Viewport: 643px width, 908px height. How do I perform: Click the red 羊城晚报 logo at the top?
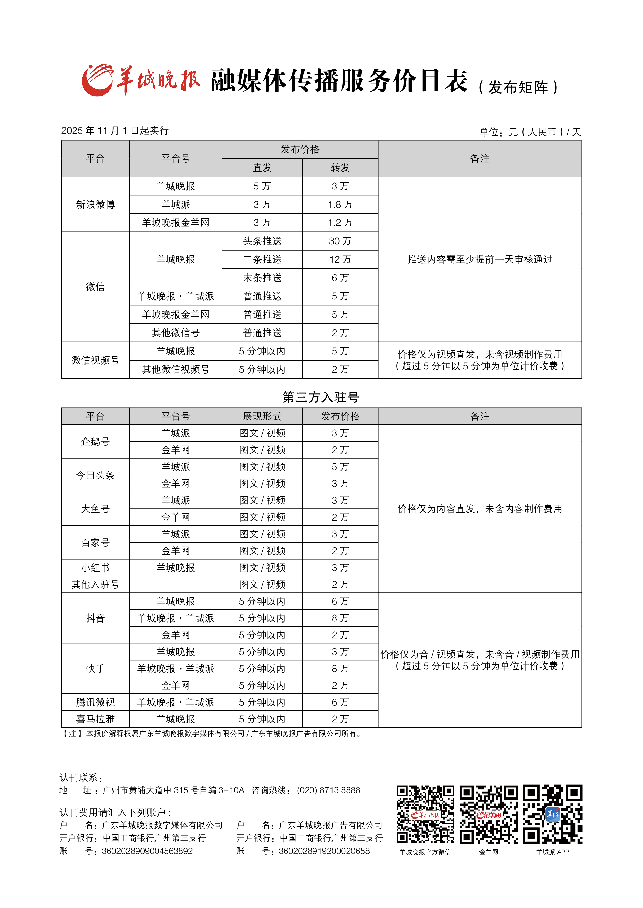tap(140, 80)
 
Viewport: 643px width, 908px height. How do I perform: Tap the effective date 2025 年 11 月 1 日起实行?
tap(115, 130)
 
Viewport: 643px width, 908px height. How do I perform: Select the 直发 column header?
tap(262, 168)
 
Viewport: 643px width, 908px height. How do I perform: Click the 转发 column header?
tap(340, 168)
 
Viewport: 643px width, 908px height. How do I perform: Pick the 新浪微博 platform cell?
tap(95, 204)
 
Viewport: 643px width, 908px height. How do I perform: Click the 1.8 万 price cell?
tap(340, 204)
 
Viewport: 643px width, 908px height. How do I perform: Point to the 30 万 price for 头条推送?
tap(340, 241)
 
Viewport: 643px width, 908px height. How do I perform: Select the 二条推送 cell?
tap(262, 259)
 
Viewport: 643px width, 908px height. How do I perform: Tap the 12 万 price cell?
tap(340, 259)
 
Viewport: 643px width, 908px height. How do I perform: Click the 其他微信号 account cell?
tap(175, 333)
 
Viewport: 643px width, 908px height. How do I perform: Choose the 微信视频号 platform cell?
tap(95, 360)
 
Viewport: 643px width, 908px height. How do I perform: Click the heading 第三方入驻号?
tap(321, 397)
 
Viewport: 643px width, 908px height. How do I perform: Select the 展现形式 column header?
tap(262, 416)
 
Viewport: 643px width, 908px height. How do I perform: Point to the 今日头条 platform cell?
tap(95, 475)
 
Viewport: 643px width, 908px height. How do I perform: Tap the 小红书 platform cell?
tap(95, 567)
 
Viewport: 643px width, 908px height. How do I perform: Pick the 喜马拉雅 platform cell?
tap(95, 719)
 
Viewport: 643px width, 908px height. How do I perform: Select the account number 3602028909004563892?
tap(147, 851)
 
